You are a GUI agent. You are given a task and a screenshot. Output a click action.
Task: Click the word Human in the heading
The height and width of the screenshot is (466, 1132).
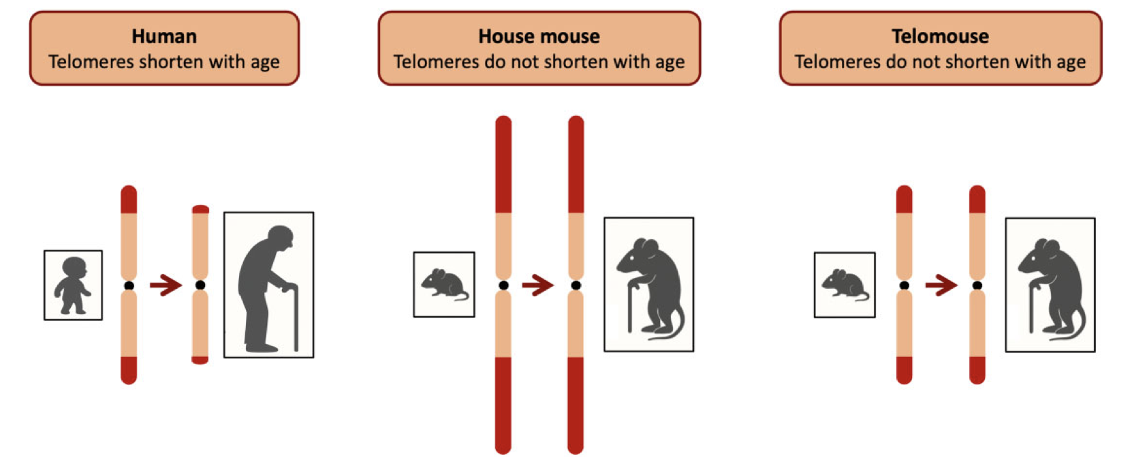[x=164, y=36]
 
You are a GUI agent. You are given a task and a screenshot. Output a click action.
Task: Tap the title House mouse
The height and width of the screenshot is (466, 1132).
[x=539, y=36]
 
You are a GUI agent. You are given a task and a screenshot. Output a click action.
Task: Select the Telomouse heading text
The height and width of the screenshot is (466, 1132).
[x=940, y=36]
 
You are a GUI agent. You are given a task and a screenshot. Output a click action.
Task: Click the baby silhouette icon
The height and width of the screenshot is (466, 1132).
[x=72, y=285]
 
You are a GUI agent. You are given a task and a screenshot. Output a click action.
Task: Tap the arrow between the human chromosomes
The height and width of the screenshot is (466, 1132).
[x=166, y=285]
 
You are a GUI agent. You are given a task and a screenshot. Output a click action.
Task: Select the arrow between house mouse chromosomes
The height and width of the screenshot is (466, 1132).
[x=538, y=285]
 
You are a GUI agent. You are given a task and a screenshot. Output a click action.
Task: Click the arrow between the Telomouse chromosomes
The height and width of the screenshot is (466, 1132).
[x=941, y=285]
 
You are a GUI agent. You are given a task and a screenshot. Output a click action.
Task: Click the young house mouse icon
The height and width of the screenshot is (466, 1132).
[x=444, y=284]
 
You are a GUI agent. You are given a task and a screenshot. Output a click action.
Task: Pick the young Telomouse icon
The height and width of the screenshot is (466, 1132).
[x=845, y=284]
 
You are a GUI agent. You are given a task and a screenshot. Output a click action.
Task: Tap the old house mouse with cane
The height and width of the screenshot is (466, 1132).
[x=650, y=286]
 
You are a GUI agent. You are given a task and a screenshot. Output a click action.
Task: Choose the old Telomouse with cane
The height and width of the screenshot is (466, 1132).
[x=1051, y=286]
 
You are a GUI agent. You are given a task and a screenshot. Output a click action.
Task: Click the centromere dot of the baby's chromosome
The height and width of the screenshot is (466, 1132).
[x=129, y=285]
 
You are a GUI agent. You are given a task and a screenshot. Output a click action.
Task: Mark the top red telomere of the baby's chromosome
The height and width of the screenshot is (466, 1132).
[x=129, y=200]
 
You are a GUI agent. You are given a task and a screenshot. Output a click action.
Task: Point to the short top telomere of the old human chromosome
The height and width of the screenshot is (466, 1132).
[x=200, y=209]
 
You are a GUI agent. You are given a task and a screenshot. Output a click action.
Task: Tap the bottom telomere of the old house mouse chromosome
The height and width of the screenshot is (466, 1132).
[x=576, y=405]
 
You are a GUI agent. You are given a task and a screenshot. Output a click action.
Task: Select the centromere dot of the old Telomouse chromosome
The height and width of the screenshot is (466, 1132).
[x=977, y=285]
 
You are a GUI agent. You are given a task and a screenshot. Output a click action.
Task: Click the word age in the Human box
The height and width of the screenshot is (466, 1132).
[x=265, y=63]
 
